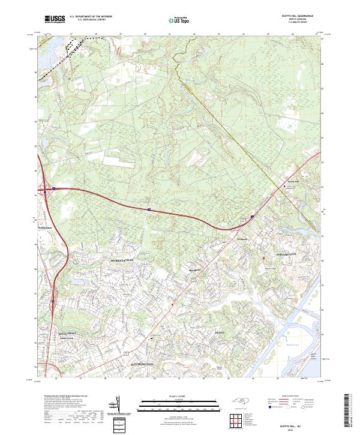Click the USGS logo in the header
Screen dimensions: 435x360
point(55,19)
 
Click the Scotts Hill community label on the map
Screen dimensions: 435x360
point(293,181)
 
